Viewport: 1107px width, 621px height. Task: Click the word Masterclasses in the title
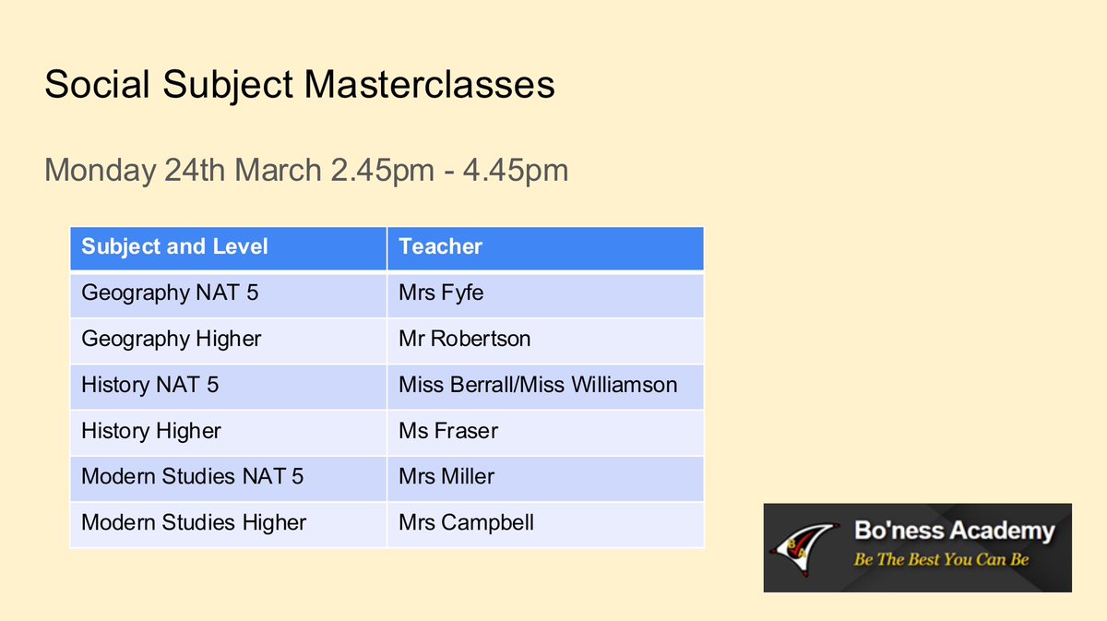pyautogui.click(x=430, y=85)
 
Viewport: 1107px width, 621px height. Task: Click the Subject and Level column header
pyautogui.click(x=174, y=246)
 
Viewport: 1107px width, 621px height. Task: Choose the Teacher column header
pyautogui.click(x=440, y=246)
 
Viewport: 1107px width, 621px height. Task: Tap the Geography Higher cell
pyautogui.click(x=171, y=339)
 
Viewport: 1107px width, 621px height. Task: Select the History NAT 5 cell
pyautogui.click(x=149, y=385)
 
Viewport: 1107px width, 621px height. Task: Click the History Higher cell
pyautogui.click(x=151, y=431)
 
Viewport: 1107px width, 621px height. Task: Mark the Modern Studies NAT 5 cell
pyautogui.click(x=192, y=477)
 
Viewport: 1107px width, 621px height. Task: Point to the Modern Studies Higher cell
pyautogui.click(x=194, y=523)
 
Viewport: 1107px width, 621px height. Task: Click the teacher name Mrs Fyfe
pyautogui.click(x=441, y=293)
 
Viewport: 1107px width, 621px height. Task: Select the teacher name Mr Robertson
pyautogui.click(x=464, y=339)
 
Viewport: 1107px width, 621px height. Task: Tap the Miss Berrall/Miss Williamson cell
pyautogui.click(x=538, y=385)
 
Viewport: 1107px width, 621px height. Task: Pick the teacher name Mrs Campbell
pyautogui.click(x=466, y=523)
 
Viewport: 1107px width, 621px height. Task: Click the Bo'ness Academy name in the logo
pyautogui.click(x=953, y=531)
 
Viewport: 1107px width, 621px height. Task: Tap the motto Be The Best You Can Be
pyautogui.click(x=941, y=559)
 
